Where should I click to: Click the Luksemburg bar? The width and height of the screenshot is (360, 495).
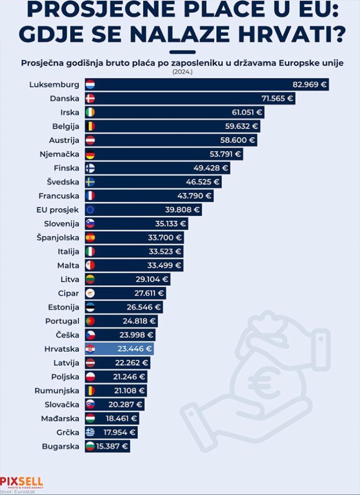click(x=208, y=85)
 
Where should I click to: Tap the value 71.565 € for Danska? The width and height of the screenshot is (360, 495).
click(x=277, y=99)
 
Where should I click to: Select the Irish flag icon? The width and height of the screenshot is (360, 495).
click(x=90, y=113)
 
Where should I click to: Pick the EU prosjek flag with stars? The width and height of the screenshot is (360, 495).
click(x=90, y=210)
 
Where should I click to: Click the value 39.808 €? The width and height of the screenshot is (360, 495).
click(x=181, y=210)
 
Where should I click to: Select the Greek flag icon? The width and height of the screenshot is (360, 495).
click(x=90, y=432)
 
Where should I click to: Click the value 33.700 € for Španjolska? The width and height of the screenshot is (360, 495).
click(x=165, y=238)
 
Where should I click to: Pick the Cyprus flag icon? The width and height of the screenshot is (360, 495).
click(x=90, y=293)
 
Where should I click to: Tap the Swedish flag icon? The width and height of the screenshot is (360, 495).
click(x=90, y=182)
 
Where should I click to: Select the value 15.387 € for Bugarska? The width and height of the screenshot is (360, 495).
click(x=111, y=446)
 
